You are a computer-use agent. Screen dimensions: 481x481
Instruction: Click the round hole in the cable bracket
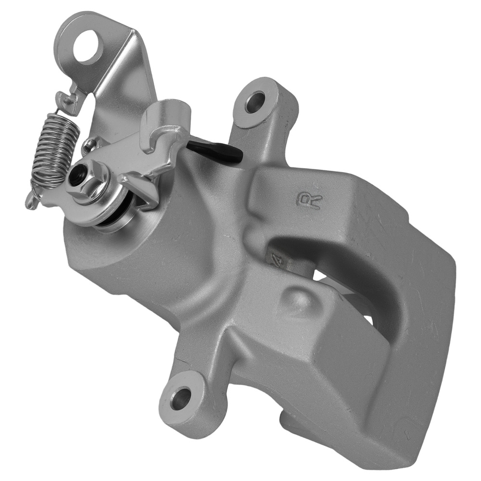[x=89, y=47]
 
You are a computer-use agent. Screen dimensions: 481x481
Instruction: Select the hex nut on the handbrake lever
[x=87, y=180]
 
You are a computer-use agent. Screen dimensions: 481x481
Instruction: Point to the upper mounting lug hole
[x=254, y=102]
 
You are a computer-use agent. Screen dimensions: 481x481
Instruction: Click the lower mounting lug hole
[x=180, y=398]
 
